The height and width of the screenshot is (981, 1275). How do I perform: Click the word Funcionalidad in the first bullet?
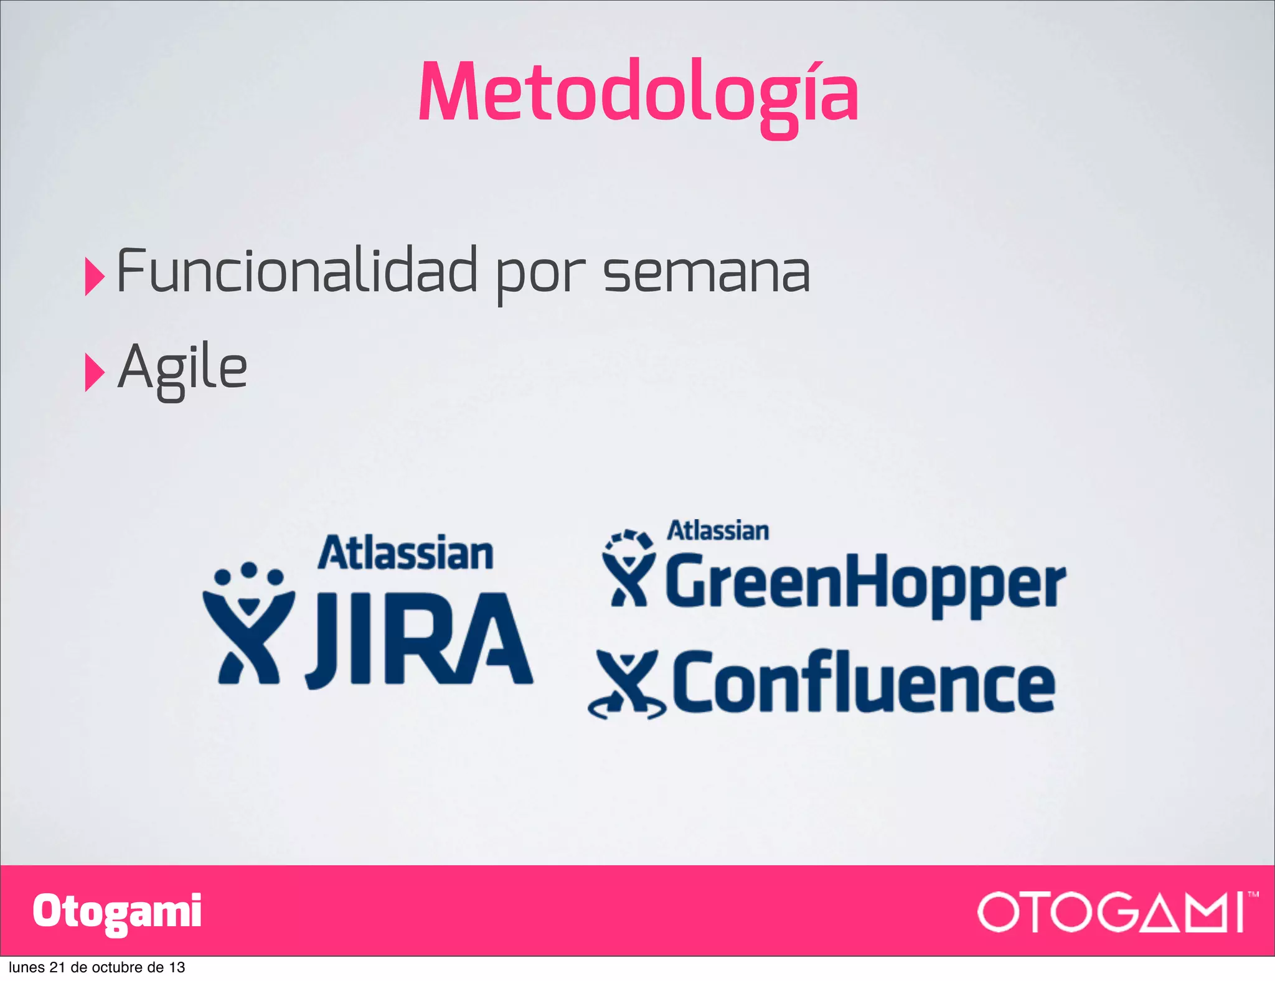296,271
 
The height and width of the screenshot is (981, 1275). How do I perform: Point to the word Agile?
182,368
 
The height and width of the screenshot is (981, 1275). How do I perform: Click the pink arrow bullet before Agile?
93,372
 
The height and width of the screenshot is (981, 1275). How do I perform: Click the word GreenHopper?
865,582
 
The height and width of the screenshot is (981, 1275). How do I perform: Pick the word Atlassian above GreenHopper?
718,531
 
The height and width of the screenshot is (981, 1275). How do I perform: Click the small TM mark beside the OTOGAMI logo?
1253,894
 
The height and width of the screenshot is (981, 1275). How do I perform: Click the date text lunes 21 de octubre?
96,967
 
